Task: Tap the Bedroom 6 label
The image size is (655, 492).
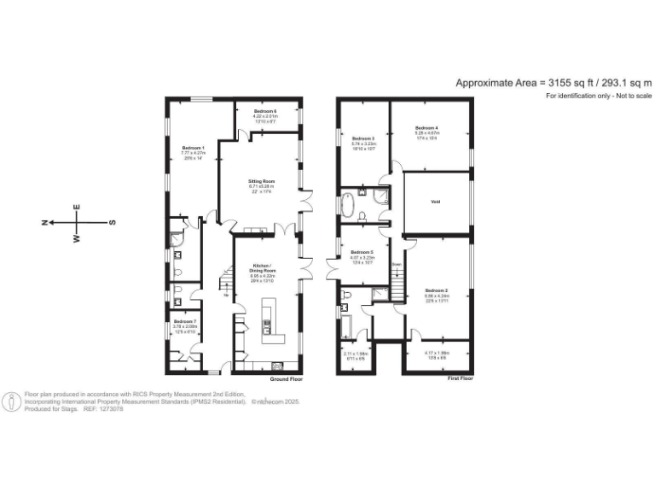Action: tap(264, 112)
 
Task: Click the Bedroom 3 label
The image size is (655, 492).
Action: tap(363, 138)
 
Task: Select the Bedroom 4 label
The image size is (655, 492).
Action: tap(426, 127)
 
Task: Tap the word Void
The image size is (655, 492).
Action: tap(435, 202)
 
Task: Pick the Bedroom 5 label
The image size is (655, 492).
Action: tap(362, 252)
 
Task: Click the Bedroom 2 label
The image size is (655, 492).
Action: tap(437, 290)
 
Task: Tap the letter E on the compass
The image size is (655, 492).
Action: tap(77, 208)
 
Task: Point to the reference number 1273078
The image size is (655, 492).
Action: tap(112, 409)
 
